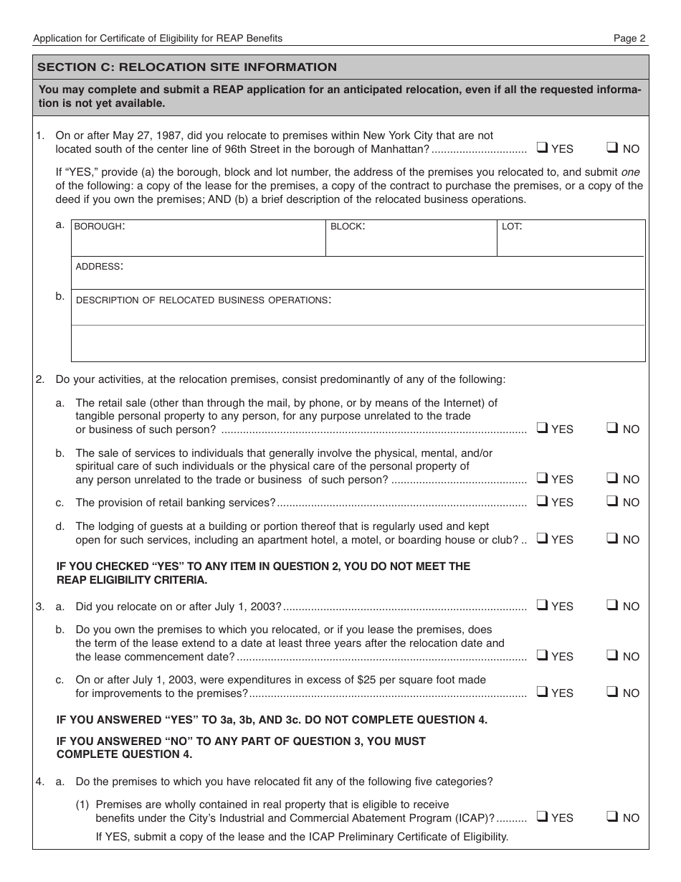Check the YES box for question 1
543,148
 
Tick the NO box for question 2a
612,428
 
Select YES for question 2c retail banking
543,501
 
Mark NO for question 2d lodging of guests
612,539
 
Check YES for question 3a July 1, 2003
543,605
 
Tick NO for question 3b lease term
612,655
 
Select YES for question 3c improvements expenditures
543,692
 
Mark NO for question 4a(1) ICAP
612,817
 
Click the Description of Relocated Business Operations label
203,300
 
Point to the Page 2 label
629,38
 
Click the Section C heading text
187,67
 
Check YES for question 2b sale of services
543,478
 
